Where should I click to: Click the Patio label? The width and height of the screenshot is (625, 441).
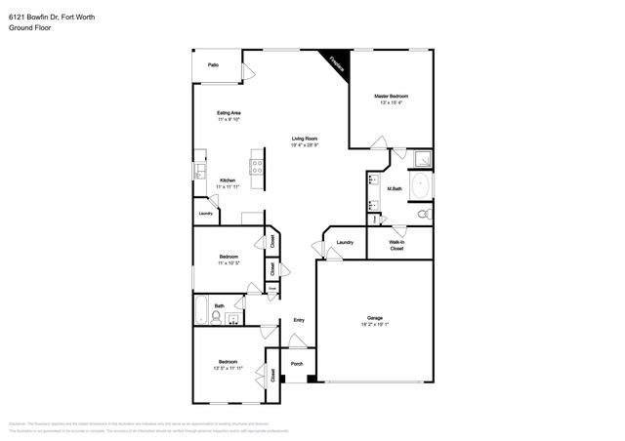212,65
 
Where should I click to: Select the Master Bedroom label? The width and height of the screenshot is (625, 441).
392,97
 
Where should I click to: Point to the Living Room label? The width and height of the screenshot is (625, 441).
305,140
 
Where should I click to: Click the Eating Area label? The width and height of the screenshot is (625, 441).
229,113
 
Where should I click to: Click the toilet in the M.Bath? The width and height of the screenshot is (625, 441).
424,214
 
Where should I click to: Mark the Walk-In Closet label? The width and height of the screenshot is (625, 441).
397,245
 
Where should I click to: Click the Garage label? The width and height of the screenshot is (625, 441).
374,317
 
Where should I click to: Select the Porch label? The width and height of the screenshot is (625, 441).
298,364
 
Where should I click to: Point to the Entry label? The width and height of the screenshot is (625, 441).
299,320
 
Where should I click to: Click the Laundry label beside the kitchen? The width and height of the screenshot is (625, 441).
206,214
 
